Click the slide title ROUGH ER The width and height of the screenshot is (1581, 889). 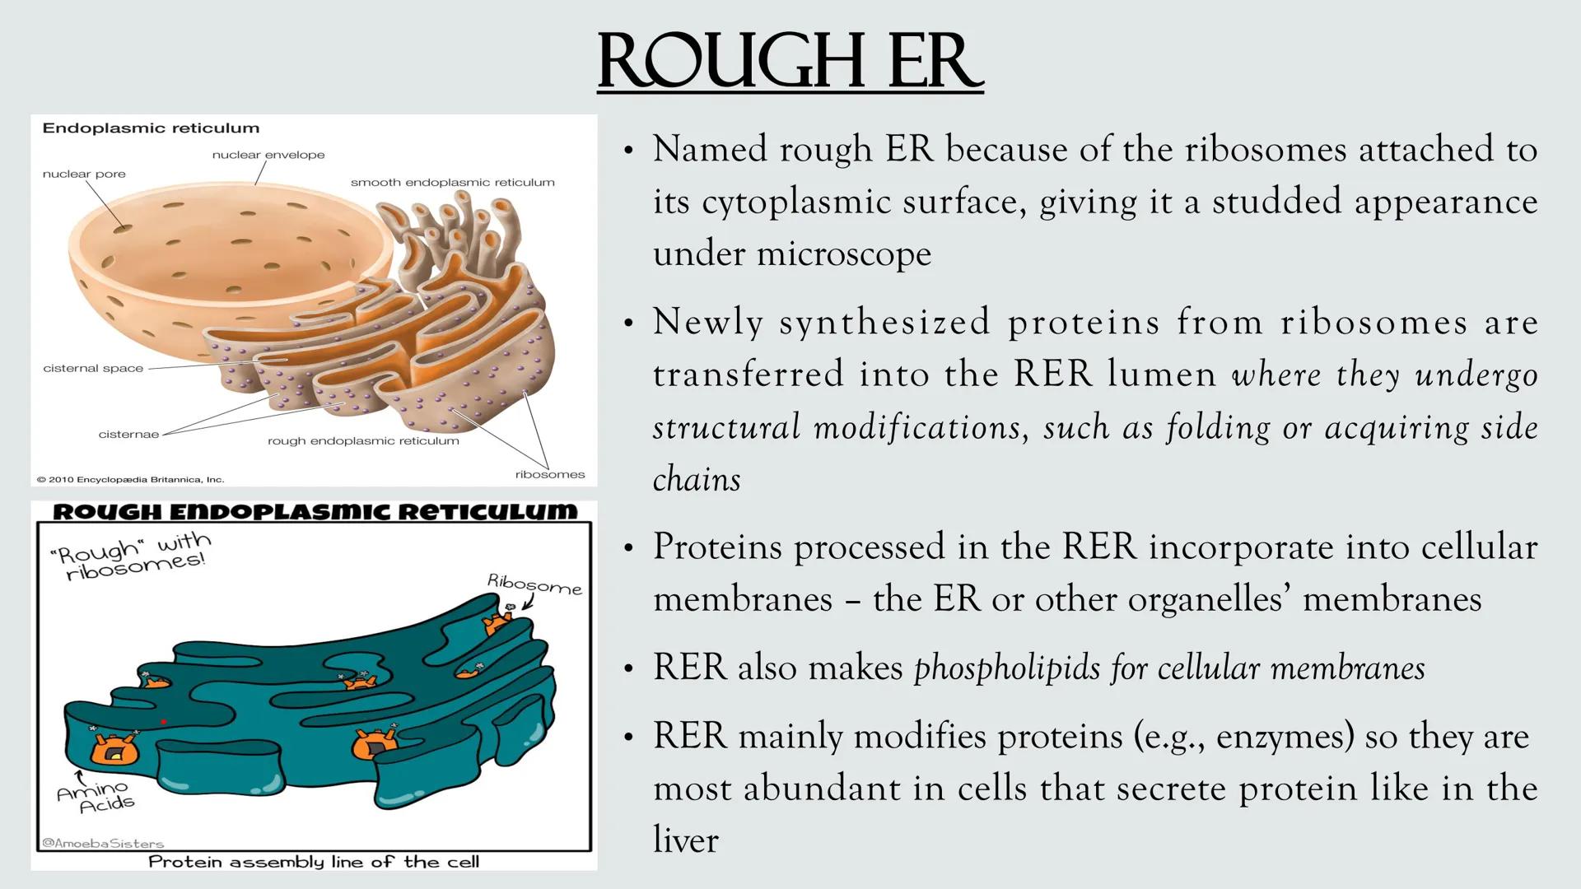790,62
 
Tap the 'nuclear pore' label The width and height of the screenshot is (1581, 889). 84,174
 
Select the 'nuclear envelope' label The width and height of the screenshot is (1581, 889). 268,155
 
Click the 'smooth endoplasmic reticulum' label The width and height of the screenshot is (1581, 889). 453,183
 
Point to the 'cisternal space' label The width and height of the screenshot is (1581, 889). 93,368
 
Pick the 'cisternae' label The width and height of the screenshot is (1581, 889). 128,434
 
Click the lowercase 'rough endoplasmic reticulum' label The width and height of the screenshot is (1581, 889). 363,441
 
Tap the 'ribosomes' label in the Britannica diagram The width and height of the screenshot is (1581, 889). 550,474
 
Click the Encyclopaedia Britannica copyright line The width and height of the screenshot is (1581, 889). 130,479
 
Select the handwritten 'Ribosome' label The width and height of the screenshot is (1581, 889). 534,584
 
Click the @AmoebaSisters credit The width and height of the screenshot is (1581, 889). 103,843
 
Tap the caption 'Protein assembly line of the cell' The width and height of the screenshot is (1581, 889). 314,862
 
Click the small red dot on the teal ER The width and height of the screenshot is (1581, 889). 164,722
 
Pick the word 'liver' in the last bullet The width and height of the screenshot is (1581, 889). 685,840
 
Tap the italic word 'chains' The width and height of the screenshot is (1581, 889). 697,480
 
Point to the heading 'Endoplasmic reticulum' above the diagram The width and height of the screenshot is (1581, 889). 151,128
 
